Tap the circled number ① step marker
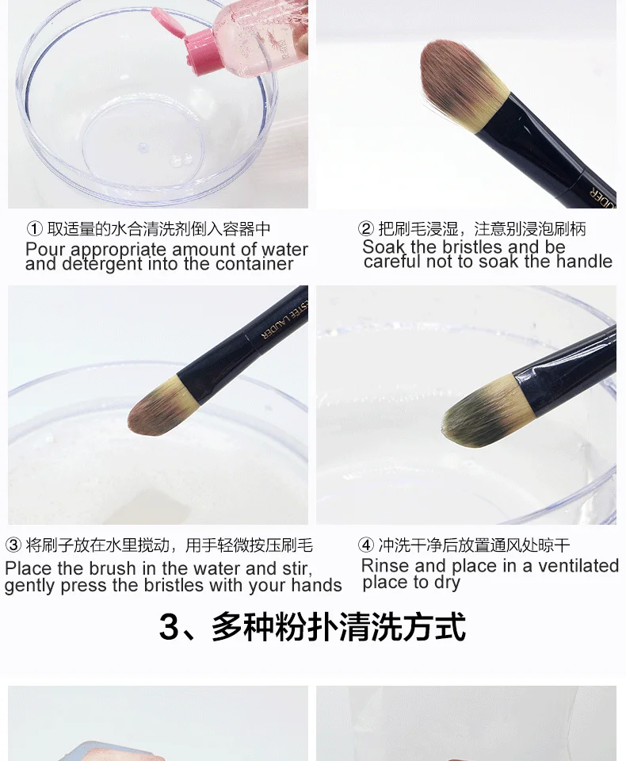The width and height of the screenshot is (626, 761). point(34,228)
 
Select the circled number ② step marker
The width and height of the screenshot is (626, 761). point(365,228)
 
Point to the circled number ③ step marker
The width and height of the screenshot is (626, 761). point(13,545)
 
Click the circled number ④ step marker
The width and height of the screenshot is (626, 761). point(365,545)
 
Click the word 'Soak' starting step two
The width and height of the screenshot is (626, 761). point(384,247)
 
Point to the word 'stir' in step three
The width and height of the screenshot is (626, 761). point(296,568)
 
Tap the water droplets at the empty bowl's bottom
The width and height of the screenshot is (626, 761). point(181,159)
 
